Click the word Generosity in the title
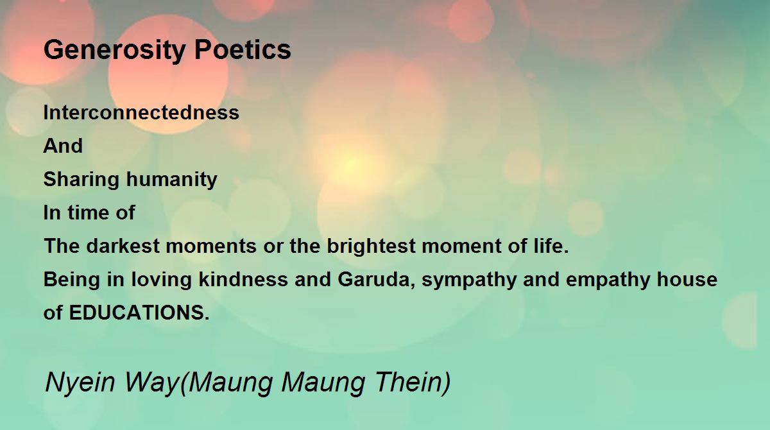click(114, 51)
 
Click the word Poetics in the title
click(243, 49)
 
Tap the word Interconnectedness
click(141, 112)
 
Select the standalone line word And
click(63, 146)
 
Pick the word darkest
click(123, 246)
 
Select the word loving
click(161, 280)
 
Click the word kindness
click(243, 279)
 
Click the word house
click(687, 279)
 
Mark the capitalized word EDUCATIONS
click(139, 313)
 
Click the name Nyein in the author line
click(80, 383)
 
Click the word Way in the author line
click(151, 383)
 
